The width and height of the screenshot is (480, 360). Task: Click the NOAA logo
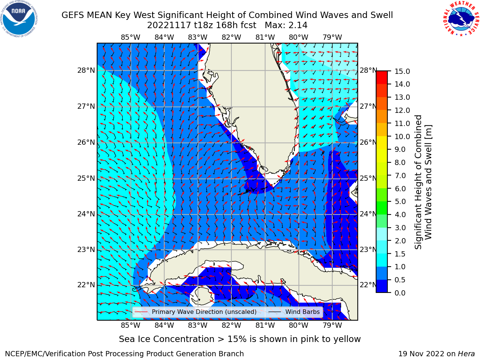(19, 19)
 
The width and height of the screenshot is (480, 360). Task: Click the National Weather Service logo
(461, 19)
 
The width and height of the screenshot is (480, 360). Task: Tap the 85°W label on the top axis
(130, 37)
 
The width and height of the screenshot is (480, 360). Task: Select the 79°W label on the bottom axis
(332, 325)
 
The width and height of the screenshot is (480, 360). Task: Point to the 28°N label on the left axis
(86, 70)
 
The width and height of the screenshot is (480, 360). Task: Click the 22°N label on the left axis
(86, 285)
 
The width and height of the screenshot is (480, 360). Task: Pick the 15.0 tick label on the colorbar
(402, 71)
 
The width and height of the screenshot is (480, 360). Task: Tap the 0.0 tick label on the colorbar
(400, 292)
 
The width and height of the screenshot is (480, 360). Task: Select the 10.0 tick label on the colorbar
(402, 136)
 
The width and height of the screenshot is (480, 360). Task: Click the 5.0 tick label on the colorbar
(400, 201)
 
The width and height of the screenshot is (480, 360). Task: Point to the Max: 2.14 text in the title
(286, 25)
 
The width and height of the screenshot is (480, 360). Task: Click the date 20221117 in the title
(169, 25)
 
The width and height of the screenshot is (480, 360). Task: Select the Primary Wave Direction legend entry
(195, 312)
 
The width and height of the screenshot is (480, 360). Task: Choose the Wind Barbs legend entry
(294, 312)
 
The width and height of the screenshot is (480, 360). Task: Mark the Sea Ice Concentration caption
(240, 339)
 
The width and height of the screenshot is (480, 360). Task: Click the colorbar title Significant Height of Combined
(418, 182)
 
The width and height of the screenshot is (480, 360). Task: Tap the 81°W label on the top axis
(265, 37)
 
